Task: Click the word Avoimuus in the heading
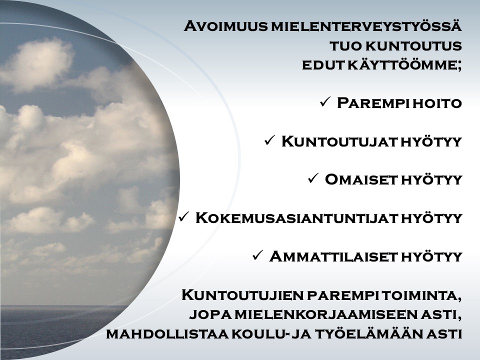pos(225,26)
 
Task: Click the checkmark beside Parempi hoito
pos(324,102)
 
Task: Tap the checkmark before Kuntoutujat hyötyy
pos(269,140)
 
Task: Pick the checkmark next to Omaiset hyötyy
pos(313,178)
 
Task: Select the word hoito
pos(437,103)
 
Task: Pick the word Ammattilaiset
pos(333,256)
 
